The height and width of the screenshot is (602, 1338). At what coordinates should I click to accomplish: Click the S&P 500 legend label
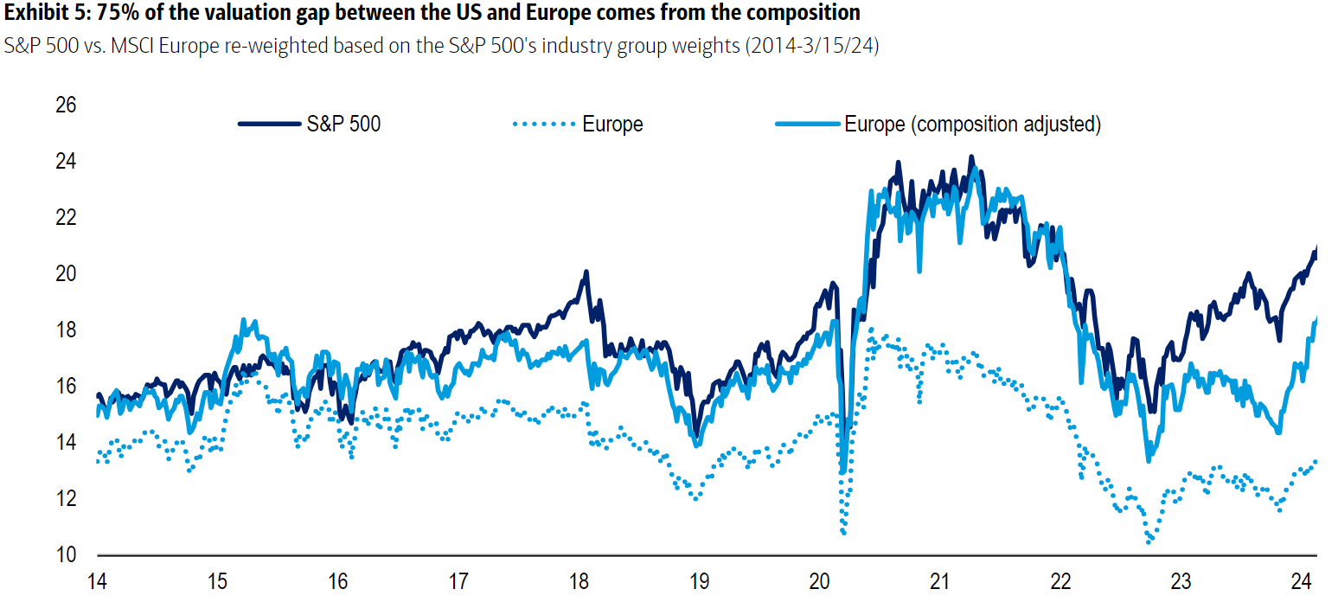pos(343,124)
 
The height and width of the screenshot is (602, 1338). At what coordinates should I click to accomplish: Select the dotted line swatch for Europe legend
pos(544,124)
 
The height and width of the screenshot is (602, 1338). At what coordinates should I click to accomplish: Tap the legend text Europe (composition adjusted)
pos(972,124)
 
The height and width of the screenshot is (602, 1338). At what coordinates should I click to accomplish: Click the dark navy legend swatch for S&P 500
pos(269,124)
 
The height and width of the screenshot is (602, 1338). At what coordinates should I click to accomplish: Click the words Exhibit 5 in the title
pos(37,13)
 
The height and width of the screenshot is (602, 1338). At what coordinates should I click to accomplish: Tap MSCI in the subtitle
pos(112,46)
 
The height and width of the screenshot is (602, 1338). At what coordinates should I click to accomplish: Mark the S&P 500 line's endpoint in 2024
pos(1316,248)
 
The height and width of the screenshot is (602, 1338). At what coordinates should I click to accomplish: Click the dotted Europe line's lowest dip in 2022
pos(1149,542)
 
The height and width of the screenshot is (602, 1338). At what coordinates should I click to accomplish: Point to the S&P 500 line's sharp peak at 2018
pos(586,272)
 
